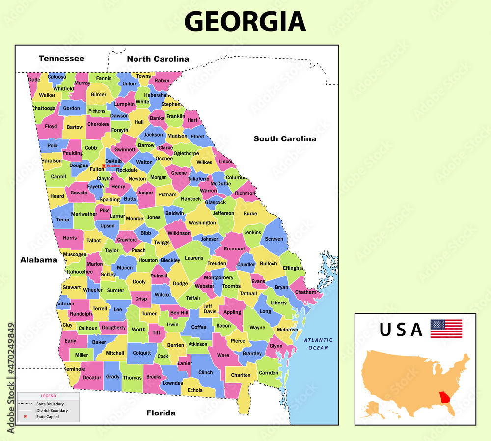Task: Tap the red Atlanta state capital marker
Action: (104, 166)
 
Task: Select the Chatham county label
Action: (306, 292)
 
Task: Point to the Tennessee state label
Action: (61, 58)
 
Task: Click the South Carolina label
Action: (285, 138)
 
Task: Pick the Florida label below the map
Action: (161, 413)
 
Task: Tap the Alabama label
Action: (39, 260)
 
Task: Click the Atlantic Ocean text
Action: (318, 344)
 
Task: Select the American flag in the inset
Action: (446, 329)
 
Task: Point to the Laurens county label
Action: (194, 258)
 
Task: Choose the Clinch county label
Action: (205, 372)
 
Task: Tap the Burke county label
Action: (250, 214)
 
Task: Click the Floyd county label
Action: (51, 126)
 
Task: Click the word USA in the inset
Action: (401, 330)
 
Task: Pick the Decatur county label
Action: (91, 377)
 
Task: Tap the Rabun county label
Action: (162, 81)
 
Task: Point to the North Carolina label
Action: (158, 59)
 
